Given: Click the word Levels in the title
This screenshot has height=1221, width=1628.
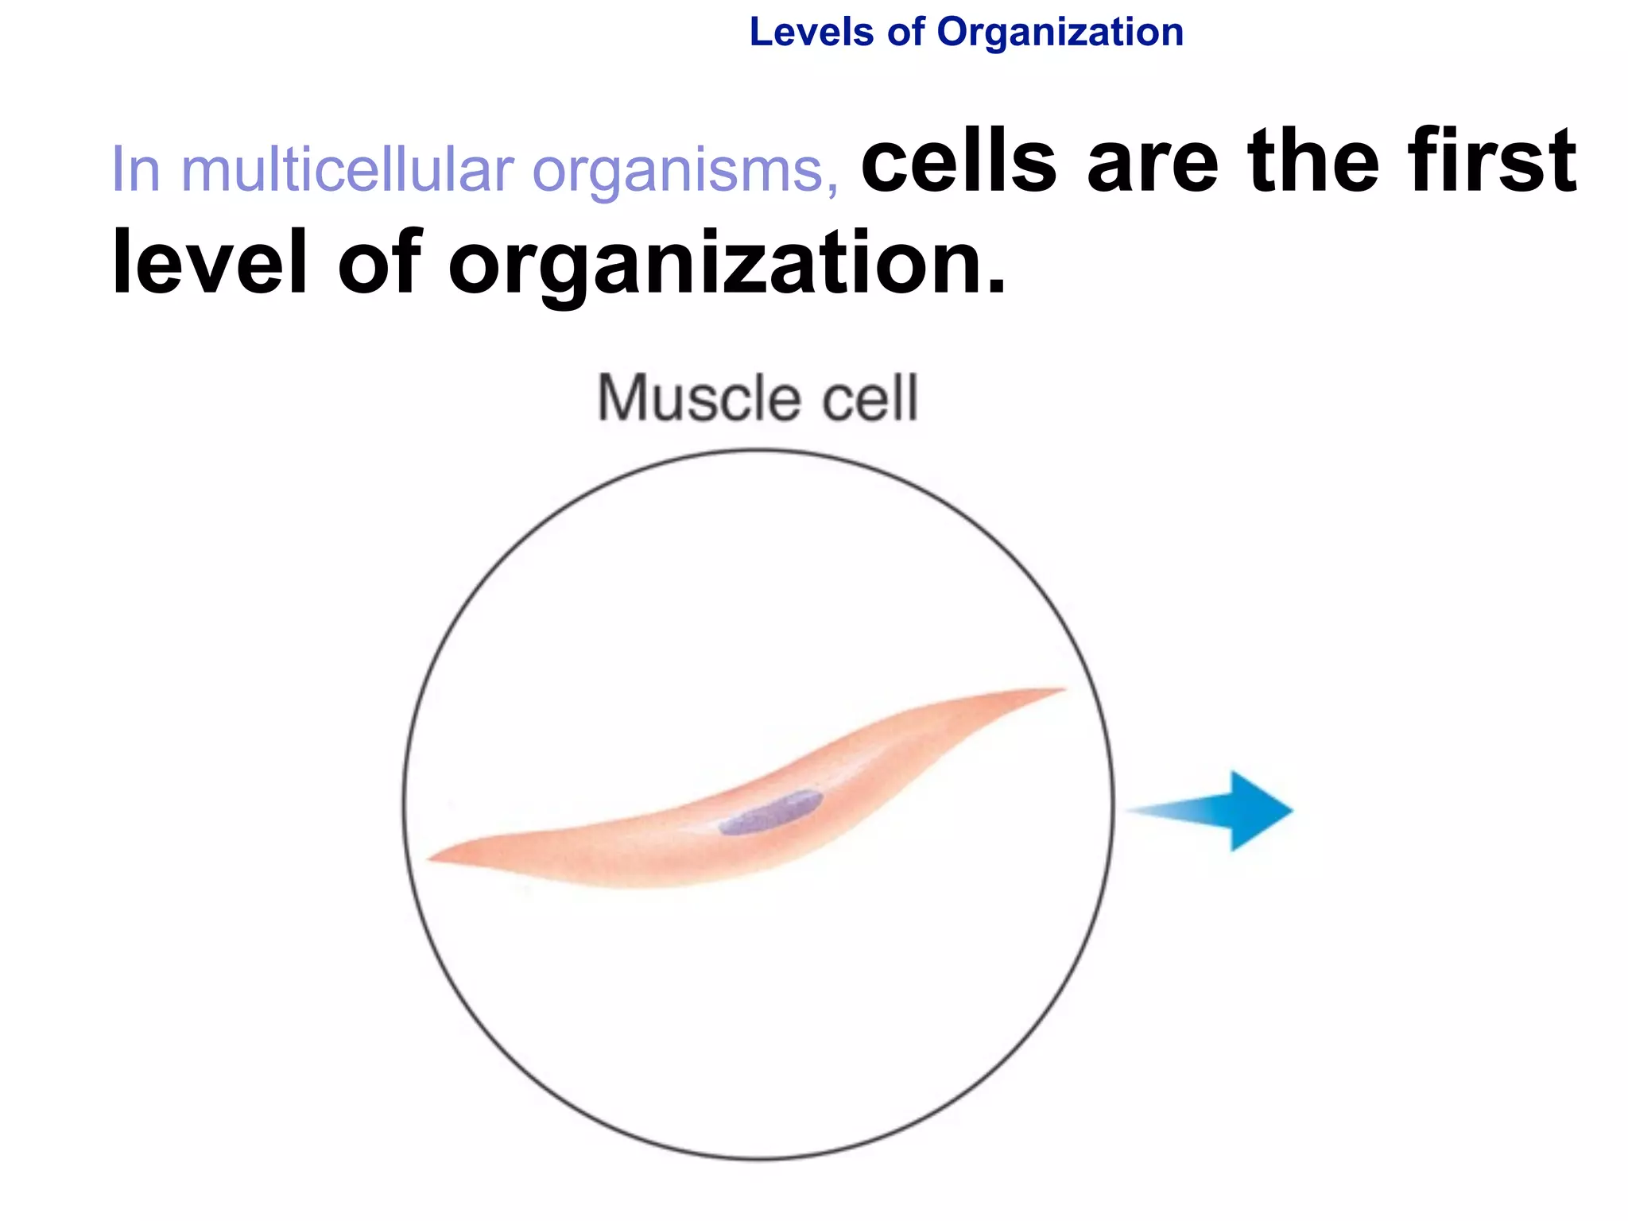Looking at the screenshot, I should coord(811,33).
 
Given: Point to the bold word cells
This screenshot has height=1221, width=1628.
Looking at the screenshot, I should coord(958,162).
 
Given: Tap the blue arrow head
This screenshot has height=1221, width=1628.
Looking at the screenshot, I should coord(1260,811).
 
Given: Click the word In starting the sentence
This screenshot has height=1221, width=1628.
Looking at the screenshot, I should coord(136,170).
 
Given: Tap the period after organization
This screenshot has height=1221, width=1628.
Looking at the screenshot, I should coord(996,286).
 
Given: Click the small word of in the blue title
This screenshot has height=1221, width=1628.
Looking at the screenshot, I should coord(905,33).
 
